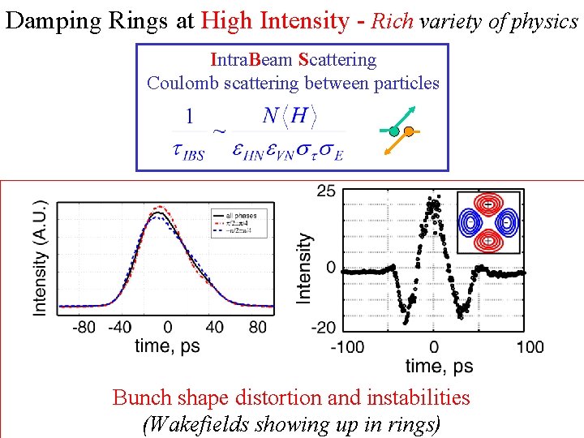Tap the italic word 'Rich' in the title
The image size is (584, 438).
(393, 21)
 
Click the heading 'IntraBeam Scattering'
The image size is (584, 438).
(293, 59)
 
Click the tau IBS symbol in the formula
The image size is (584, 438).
(188, 151)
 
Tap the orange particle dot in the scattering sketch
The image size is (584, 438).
(409, 131)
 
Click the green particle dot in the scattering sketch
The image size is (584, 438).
(394, 131)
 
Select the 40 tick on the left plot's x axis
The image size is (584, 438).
(213, 327)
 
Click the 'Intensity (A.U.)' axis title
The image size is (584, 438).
(39, 258)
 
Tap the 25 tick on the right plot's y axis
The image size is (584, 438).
(326, 191)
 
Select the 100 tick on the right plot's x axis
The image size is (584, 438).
(530, 347)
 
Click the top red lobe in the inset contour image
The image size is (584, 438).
(489, 204)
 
